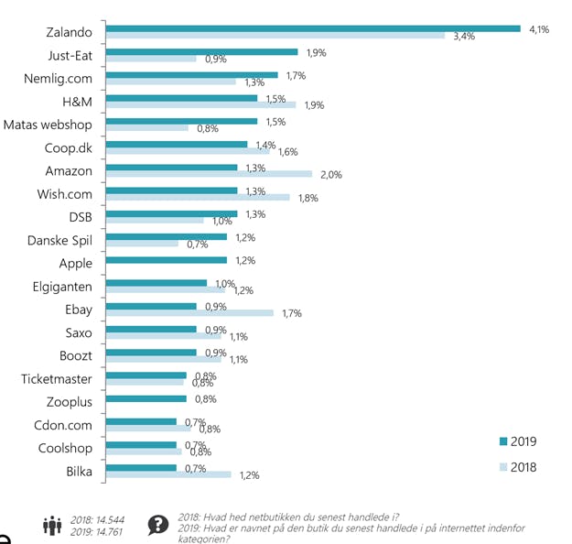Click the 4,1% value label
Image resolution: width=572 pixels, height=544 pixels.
pyautogui.click(x=539, y=29)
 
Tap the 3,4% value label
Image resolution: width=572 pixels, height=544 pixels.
pyautogui.click(x=464, y=37)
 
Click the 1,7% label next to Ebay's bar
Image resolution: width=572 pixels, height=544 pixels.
pyautogui.click(x=291, y=313)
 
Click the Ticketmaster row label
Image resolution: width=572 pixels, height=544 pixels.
pyautogui.click(x=57, y=378)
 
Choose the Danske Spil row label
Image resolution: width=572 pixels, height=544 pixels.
pyautogui.click(x=59, y=240)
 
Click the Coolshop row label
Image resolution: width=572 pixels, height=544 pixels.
pyautogui.click(x=65, y=448)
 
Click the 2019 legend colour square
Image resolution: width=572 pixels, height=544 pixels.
pyautogui.click(x=502, y=441)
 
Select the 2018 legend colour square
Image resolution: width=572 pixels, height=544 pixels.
pyautogui.click(x=502, y=467)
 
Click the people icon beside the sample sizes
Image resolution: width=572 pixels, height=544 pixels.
pyautogui.click(x=52, y=525)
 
